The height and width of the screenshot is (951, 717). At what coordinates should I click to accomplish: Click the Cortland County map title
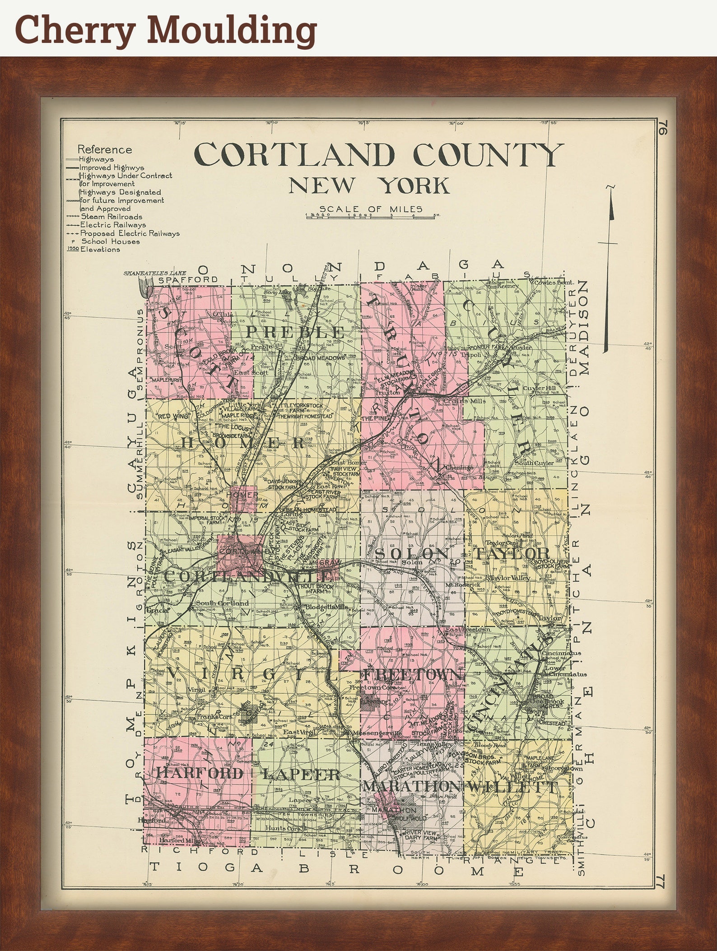378,155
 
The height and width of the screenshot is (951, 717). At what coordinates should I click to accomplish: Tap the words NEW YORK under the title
369,186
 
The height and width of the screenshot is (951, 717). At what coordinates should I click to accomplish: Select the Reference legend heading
105,149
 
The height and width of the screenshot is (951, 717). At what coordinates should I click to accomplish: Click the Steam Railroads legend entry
111,217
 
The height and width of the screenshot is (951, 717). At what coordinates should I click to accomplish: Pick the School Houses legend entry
110,241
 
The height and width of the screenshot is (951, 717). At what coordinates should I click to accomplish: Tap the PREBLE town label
295,332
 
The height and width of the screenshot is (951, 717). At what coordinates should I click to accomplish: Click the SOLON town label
412,554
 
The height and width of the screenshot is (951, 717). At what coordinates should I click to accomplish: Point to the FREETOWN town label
413,675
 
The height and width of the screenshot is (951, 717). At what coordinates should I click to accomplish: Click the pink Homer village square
243,498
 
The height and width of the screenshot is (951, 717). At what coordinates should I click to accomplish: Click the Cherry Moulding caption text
166,28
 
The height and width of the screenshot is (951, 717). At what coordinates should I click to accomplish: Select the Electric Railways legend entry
113,225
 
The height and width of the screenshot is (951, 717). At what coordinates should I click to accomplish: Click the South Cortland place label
222,603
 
